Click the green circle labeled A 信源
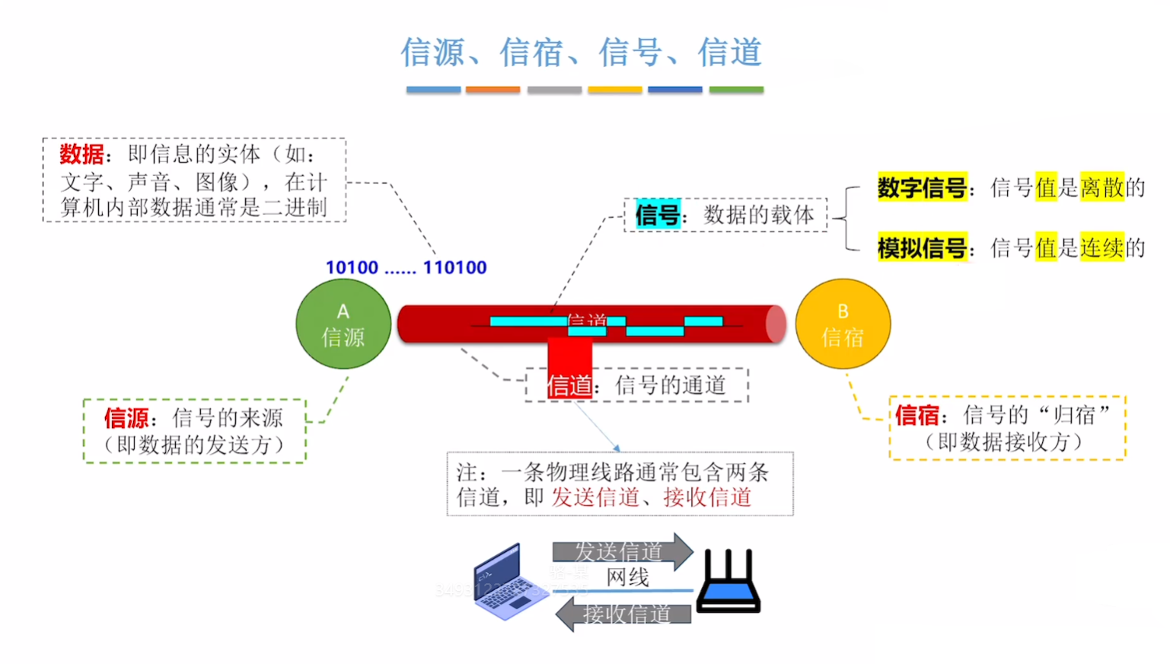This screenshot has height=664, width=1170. click(343, 324)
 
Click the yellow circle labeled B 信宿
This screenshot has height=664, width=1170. click(843, 324)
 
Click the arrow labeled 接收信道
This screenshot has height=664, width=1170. click(624, 614)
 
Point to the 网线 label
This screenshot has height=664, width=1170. click(628, 578)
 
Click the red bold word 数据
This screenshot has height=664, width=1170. click(81, 155)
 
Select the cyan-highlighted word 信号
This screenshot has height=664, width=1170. click(657, 215)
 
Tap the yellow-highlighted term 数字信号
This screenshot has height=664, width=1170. click(921, 187)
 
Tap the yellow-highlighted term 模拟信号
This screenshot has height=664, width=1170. click(921, 248)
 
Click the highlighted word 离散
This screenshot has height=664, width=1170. click(1101, 187)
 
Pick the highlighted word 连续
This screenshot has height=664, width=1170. click(1101, 248)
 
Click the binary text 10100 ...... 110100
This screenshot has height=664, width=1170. click(406, 268)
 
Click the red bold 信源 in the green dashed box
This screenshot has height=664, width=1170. click(126, 418)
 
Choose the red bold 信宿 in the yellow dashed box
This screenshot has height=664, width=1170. click(917, 416)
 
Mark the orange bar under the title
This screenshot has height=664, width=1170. click(493, 90)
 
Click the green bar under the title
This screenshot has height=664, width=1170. click(736, 90)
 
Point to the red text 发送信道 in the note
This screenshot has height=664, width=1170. click(595, 498)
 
